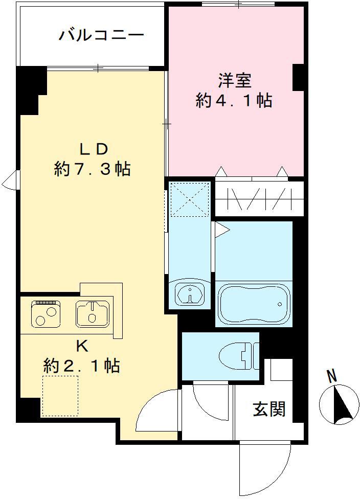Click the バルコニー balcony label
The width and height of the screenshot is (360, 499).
tap(101, 35)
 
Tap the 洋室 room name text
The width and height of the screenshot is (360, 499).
tap(234, 81)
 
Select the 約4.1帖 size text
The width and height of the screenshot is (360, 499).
tap(234, 101)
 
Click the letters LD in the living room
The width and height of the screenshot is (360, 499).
tap(93, 149)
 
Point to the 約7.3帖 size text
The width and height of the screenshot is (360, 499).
tap(93, 169)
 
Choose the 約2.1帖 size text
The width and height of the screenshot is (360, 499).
tap(82, 366)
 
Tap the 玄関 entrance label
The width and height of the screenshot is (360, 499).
tap(269, 409)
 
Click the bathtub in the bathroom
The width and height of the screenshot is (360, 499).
tap(253, 303)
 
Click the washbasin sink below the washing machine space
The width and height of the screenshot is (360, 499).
tap(190, 294)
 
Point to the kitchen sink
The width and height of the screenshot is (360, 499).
tap(92, 313)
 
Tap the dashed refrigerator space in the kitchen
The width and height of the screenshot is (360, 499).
tap(60, 395)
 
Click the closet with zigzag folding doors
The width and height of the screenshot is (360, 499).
tap(259, 198)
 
